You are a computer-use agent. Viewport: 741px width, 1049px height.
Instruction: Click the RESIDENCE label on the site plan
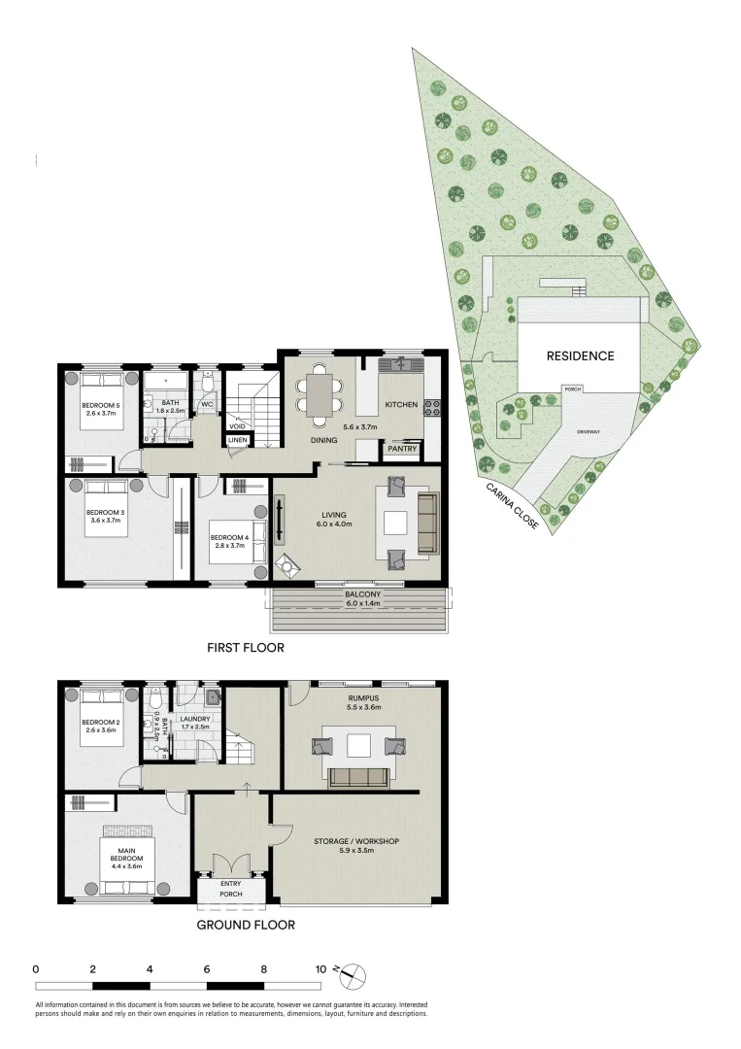click(580, 355)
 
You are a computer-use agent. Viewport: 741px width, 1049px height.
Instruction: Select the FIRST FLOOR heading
click(245, 647)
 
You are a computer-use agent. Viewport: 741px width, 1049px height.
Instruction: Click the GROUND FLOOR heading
click(246, 925)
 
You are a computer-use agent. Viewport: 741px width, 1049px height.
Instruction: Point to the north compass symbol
click(354, 972)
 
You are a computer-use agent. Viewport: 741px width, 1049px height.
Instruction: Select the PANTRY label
click(402, 449)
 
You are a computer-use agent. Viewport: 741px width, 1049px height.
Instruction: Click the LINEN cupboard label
click(238, 440)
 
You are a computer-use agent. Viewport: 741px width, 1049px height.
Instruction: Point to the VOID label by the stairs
click(236, 425)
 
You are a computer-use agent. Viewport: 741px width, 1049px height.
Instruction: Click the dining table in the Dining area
click(320, 393)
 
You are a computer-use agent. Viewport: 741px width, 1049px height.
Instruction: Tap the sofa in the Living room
click(427, 524)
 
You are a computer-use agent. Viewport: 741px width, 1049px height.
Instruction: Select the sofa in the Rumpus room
click(358, 775)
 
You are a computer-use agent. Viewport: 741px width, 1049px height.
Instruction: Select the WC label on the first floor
click(207, 404)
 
